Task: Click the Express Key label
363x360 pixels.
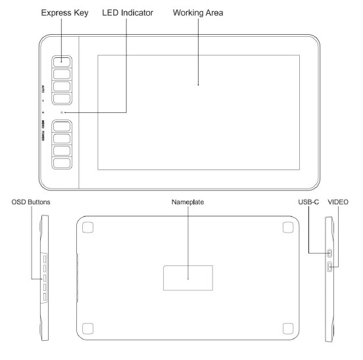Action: click(x=64, y=13)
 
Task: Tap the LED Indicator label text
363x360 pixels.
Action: click(x=128, y=12)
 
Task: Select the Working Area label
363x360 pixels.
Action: click(x=198, y=13)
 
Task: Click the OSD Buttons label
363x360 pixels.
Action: click(x=31, y=202)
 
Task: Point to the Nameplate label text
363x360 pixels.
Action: click(x=188, y=202)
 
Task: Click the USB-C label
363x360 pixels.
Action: click(x=308, y=202)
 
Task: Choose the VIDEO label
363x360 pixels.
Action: click(x=338, y=202)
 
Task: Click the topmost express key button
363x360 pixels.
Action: click(x=62, y=62)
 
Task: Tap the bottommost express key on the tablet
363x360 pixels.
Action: click(x=62, y=163)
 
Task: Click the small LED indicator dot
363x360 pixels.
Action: click(x=62, y=112)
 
